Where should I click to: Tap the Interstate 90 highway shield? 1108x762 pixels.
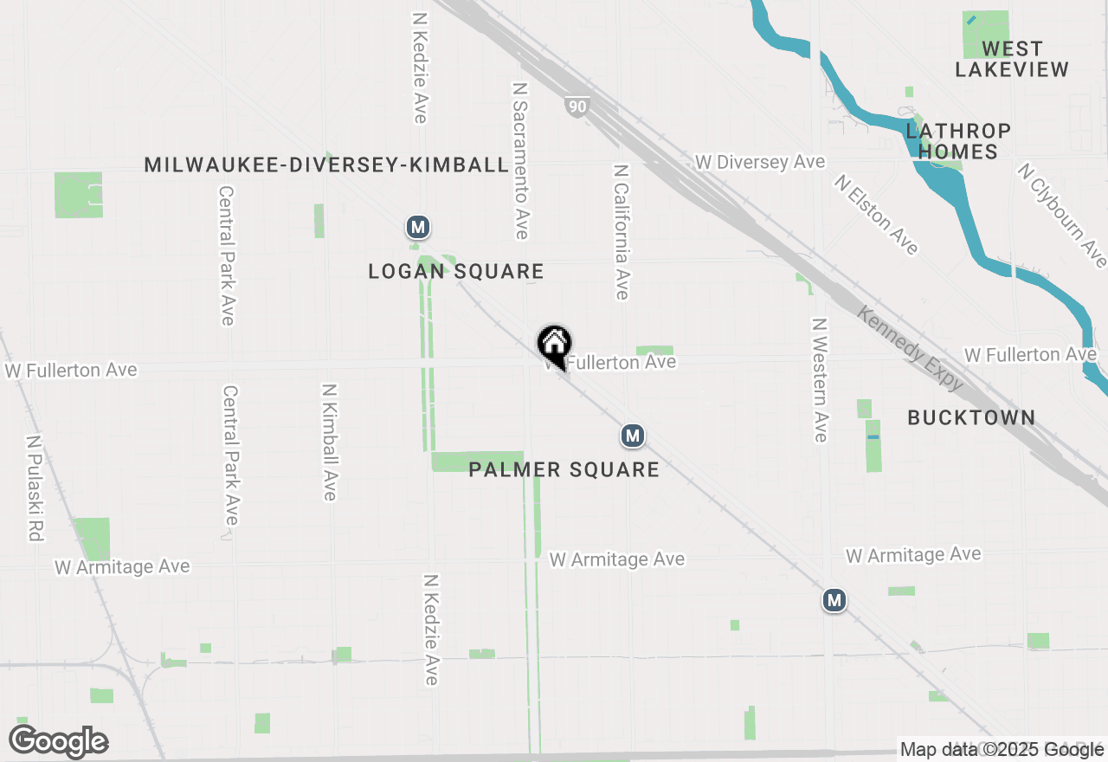point(577,107)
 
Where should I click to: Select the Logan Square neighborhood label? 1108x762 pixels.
point(456,271)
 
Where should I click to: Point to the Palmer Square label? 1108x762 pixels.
point(564,469)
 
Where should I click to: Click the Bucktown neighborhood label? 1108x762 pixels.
point(971,417)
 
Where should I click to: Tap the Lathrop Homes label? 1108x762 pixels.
point(958,141)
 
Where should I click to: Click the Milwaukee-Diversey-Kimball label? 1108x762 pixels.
point(326,165)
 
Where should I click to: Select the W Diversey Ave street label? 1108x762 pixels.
point(759,162)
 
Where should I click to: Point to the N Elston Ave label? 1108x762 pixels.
point(876,215)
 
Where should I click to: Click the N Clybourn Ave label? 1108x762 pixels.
point(1062,216)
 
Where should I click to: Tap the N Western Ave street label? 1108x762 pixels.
point(820,379)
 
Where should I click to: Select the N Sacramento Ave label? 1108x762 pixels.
point(520,161)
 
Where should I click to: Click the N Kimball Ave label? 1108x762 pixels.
point(330,442)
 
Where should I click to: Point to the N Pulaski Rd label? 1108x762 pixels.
point(35,488)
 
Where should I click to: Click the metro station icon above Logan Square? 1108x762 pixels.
point(418,228)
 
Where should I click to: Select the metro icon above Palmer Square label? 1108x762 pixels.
point(633,436)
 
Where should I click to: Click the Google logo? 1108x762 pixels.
point(59,742)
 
